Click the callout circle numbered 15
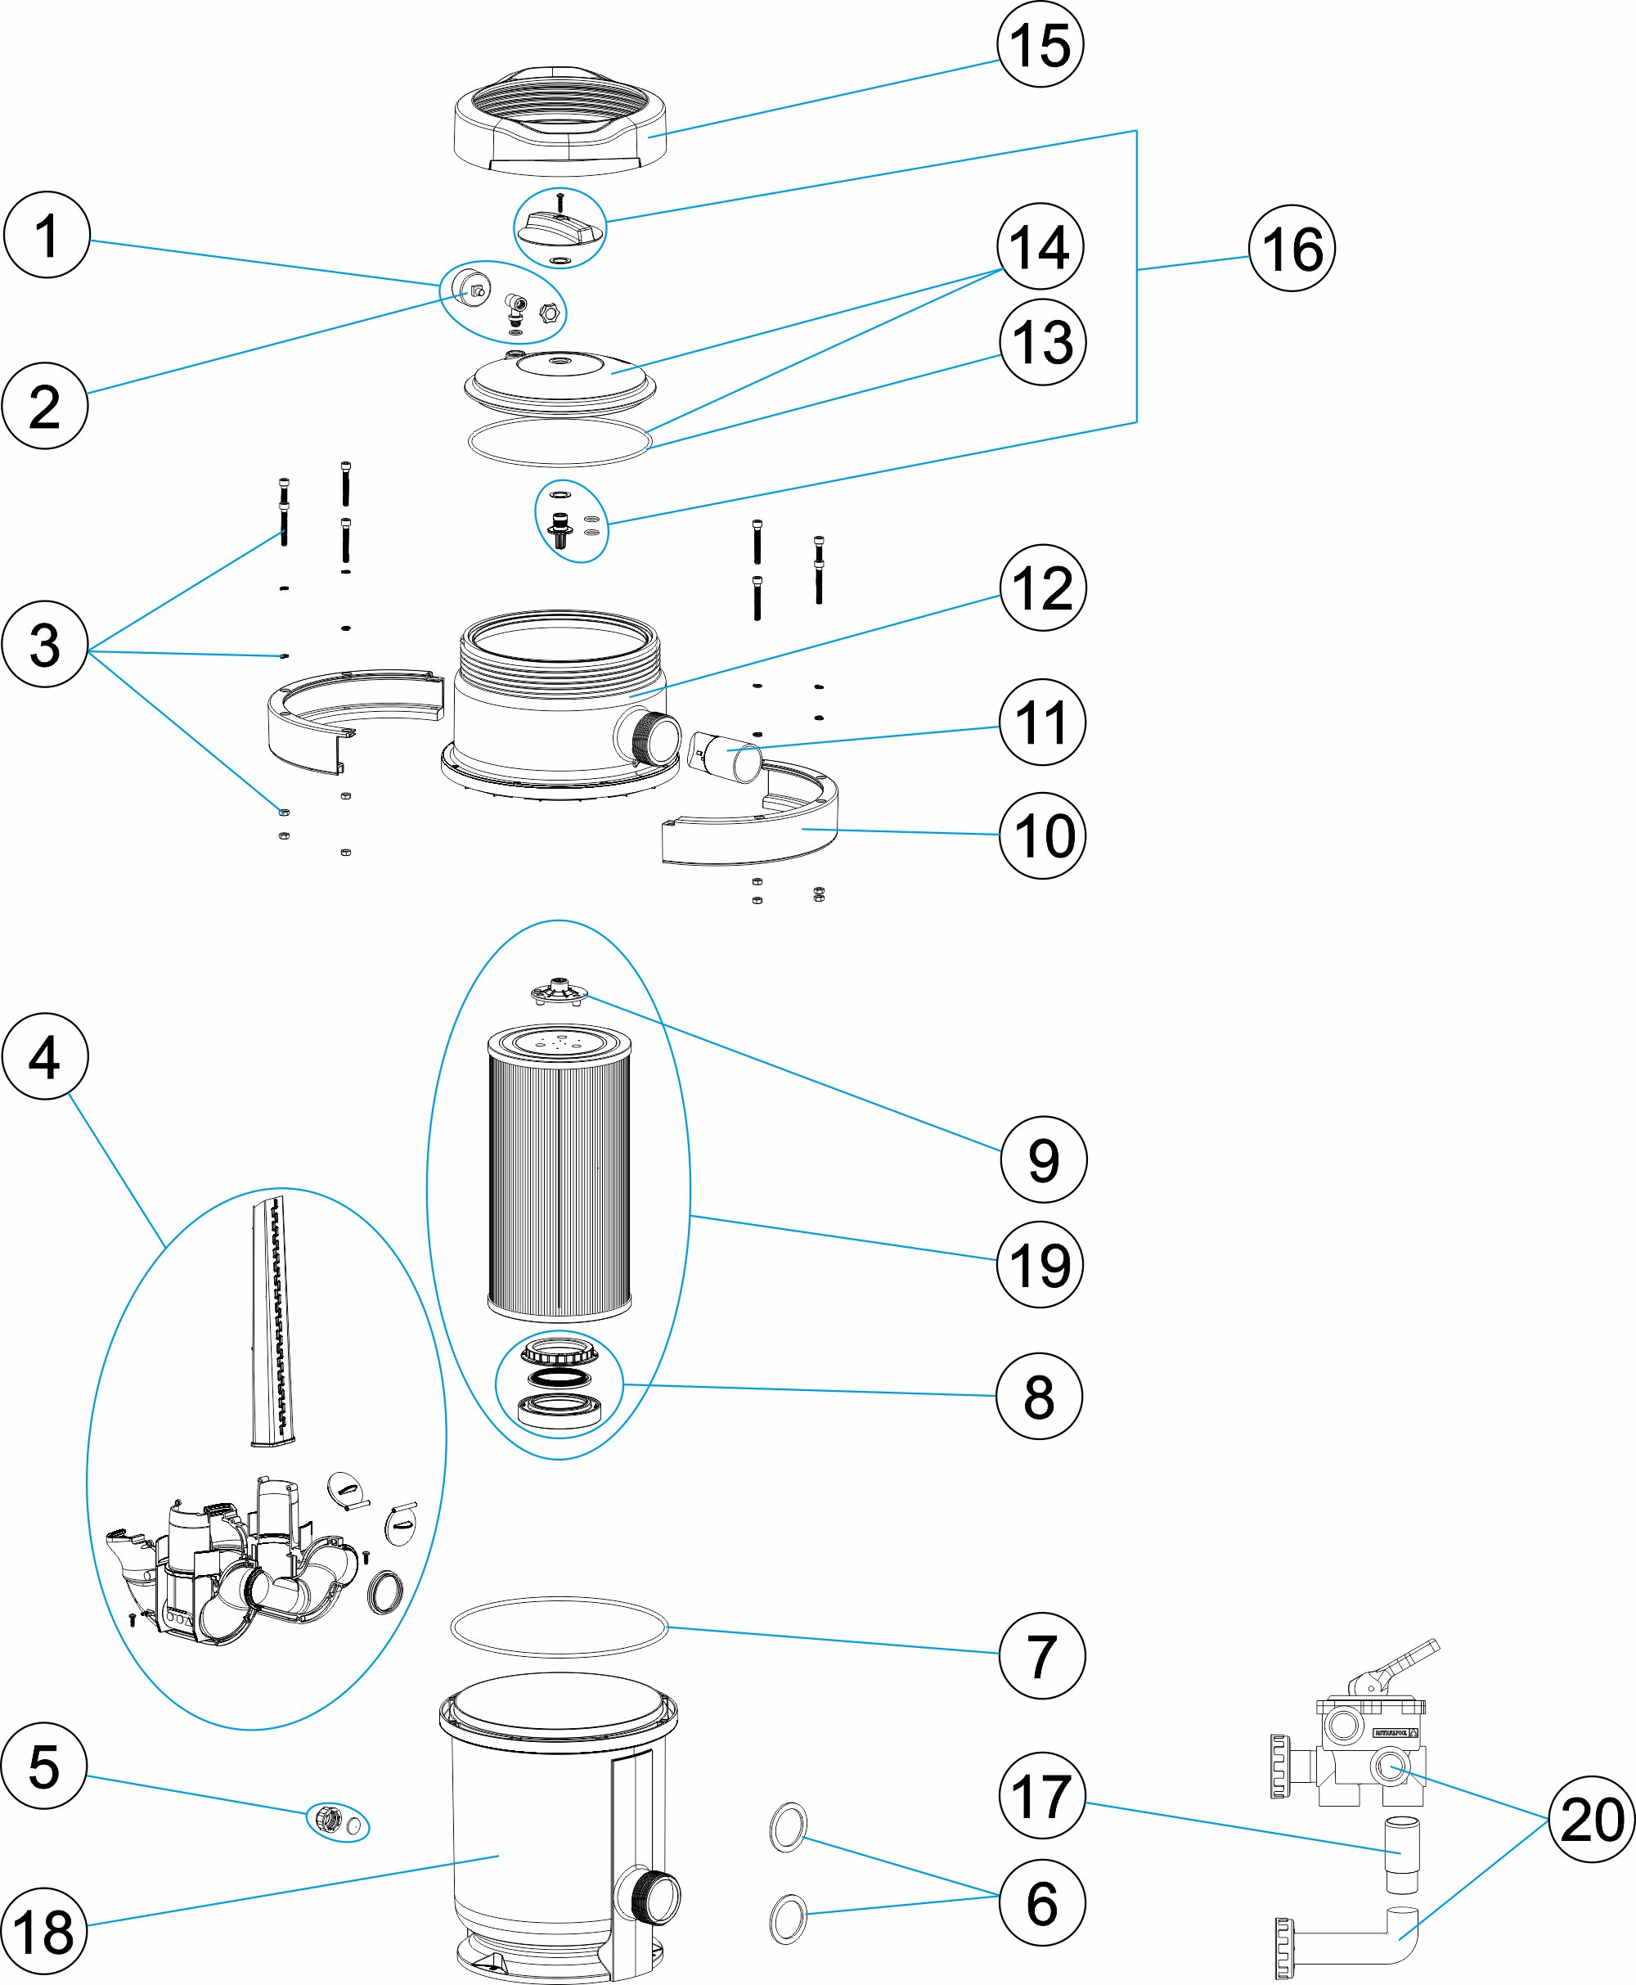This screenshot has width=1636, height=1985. click(x=1040, y=44)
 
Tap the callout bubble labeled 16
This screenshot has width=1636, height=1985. click(x=1291, y=248)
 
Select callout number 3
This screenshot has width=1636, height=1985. click(x=44, y=645)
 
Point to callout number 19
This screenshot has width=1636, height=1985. click(x=1040, y=1264)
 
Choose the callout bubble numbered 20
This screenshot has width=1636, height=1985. click(x=1592, y=1818)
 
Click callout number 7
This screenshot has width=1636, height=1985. click(x=1041, y=1655)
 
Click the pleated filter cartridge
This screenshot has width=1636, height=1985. click(x=559, y=1173)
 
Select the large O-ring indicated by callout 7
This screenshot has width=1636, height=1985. click(x=559, y=1627)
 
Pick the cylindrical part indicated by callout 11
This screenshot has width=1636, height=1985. click(x=726, y=755)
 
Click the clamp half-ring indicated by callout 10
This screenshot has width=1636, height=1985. click(x=754, y=830)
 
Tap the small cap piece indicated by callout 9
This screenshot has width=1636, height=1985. click(x=559, y=992)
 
